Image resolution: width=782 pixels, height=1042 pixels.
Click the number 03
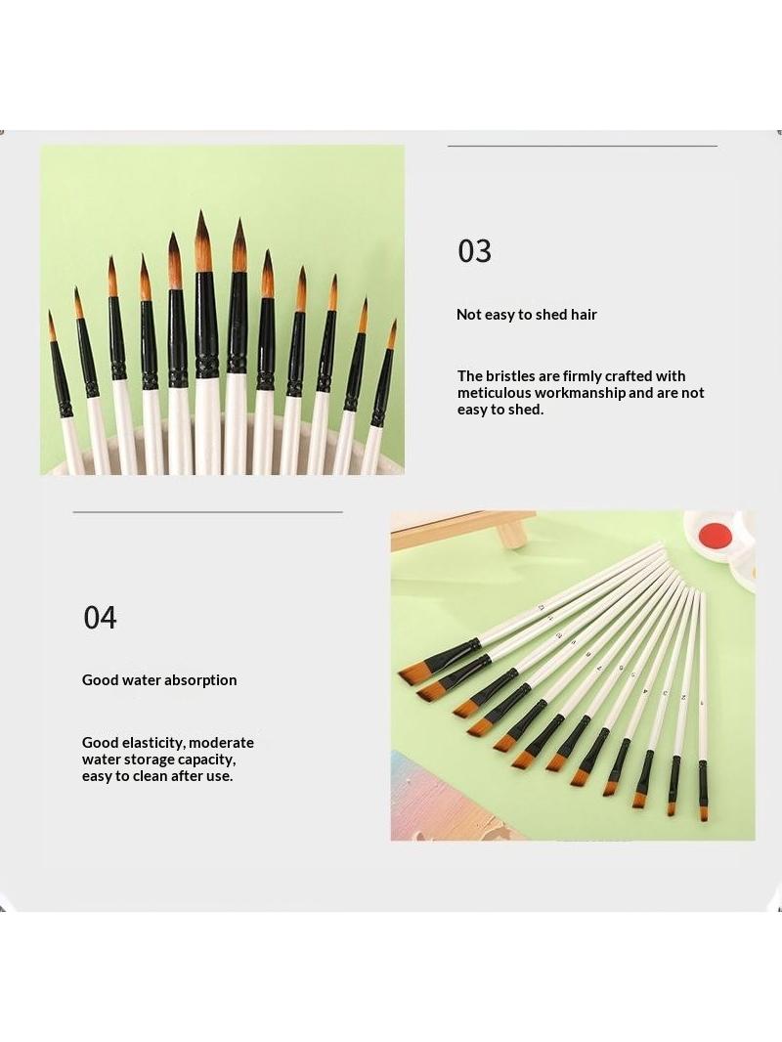click(474, 251)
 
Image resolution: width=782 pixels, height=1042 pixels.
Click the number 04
click(101, 618)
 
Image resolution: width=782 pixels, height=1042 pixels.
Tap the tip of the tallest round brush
click(200, 211)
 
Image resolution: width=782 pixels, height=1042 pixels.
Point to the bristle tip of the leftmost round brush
click(49, 313)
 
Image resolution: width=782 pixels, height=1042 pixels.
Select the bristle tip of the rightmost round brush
click(395, 322)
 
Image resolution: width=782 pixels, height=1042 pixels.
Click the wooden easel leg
click(511, 536)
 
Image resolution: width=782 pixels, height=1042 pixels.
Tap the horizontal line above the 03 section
click(583, 146)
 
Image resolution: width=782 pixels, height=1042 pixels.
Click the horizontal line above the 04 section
click(208, 512)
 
